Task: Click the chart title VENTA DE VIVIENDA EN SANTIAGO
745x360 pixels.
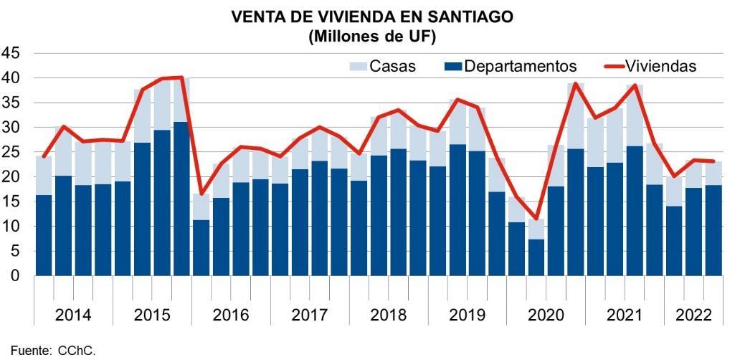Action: pos(372,17)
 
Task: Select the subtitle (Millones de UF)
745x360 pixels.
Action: pos(372,36)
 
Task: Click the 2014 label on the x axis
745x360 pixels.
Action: pos(73,316)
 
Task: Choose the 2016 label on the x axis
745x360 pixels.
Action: pos(231,316)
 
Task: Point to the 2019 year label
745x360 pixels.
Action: pos(467,316)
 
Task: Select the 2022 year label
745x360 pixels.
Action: pos(693,316)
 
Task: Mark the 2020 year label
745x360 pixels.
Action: pos(546,316)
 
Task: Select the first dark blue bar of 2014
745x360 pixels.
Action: pos(44,235)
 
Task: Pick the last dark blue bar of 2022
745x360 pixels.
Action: pos(713,230)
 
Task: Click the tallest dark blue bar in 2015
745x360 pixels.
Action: pos(181,199)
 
